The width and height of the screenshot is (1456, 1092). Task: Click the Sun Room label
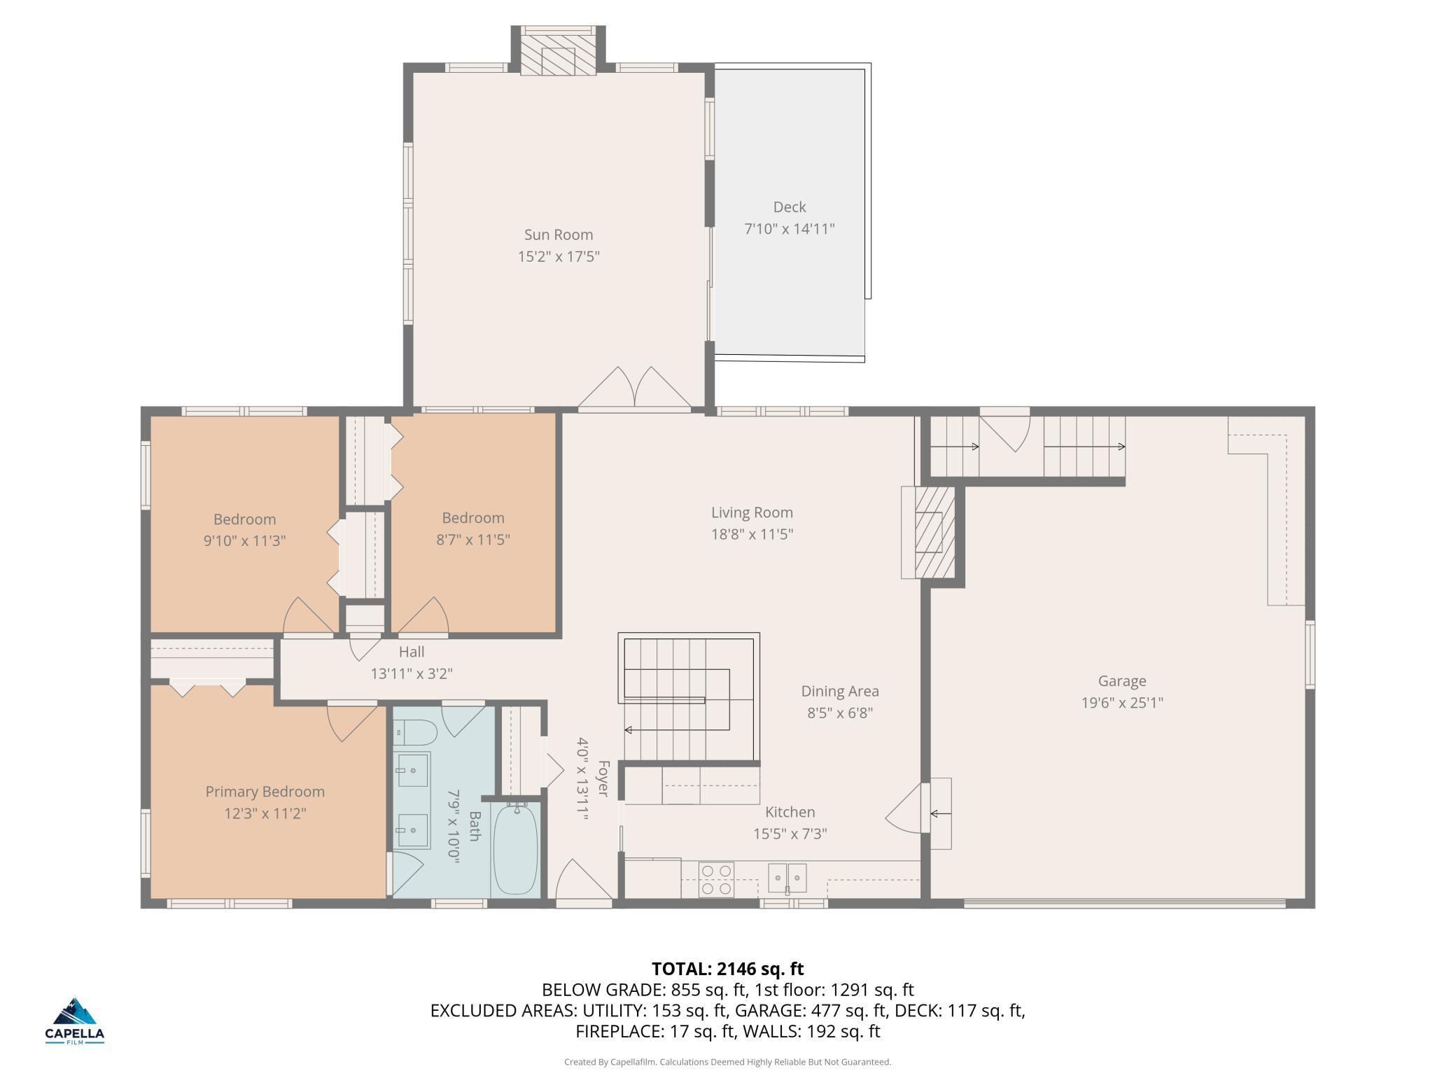pyautogui.click(x=559, y=234)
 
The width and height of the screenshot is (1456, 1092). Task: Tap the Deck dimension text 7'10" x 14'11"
pyautogui.click(x=789, y=229)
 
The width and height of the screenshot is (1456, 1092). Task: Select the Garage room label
pyautogui.click(x=1122, y=680)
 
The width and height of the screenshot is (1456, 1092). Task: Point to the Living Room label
pyautogui.click(x=752, y=512)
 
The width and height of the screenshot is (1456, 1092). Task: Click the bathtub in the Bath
pyautogui.click(x=516, y=848)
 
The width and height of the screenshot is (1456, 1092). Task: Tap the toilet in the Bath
pyautogui.click(x=415, y=732)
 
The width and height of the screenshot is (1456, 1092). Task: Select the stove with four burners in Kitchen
pyautogui.click(x=717, y=880)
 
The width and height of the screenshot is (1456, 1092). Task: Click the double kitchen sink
pyautogui.click(x=787, y=878)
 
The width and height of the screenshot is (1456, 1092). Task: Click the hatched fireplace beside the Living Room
pyautogui.click(x=934, y=532)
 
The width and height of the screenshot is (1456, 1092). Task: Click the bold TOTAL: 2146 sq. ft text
pyautogui.click(x=728, y=969)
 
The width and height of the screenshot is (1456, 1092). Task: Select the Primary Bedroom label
pyautogui.click(x=265, y=792)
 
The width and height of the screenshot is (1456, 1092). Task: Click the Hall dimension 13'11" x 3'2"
pyautogui.click(x=412, y=673)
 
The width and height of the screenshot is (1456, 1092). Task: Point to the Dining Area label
pyautogui.click(x=840, y=691)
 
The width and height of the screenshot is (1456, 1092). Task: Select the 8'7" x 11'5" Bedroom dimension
pyautogui.click(x=473, y=540)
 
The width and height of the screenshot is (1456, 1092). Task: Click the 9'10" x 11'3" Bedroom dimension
pyautogui.click(x=245, y=541)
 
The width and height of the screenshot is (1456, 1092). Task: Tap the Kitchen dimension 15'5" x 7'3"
pyautogui.click(x=790, y=834)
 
